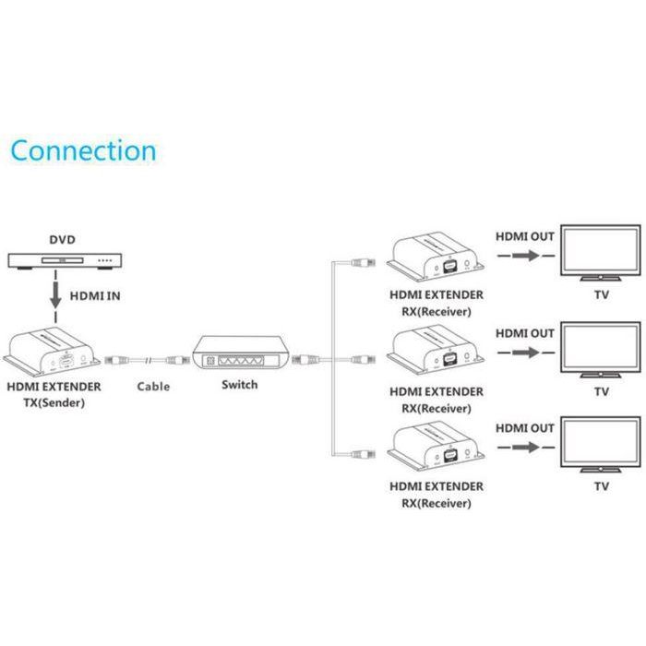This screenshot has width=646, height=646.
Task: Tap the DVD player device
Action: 62,262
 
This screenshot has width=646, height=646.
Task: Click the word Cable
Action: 153,387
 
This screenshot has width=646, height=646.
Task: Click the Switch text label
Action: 239,385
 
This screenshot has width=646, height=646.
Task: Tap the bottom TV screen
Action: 602,441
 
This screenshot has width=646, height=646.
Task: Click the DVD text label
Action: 62,238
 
